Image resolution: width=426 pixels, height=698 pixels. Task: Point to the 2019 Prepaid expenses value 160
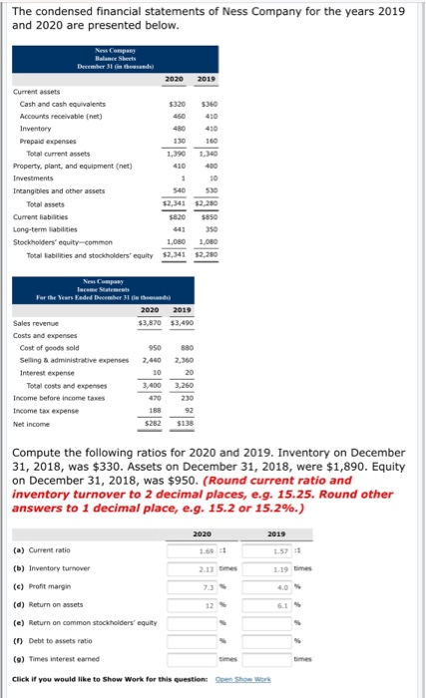tap(209, 141)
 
